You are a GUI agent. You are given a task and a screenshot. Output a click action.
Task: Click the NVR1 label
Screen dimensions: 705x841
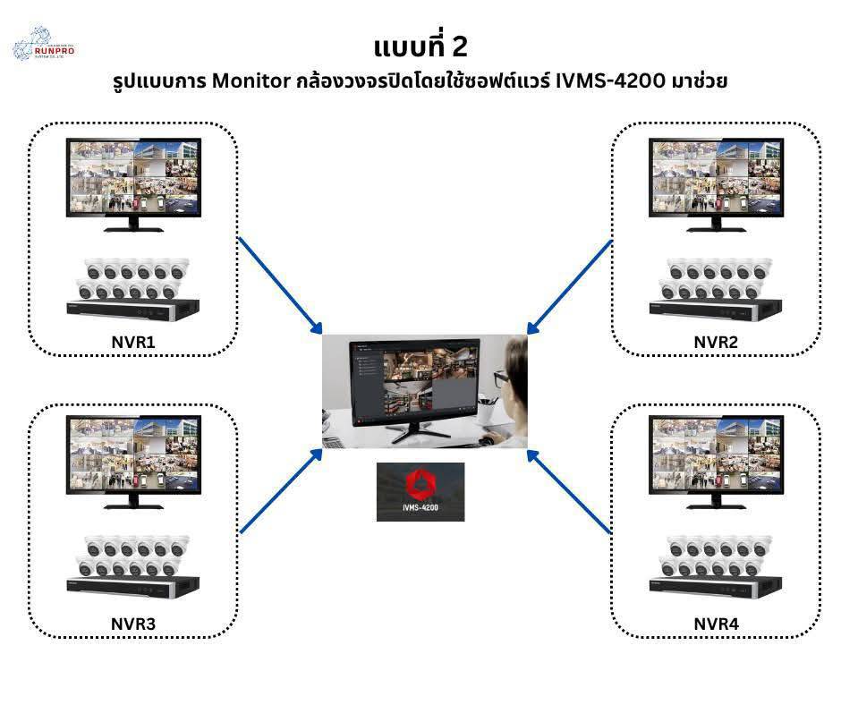pos(134,341)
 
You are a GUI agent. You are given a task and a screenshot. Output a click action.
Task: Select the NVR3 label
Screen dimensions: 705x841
pos(134,622)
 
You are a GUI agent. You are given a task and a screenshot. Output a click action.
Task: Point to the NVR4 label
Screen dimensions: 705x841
pos(717,622)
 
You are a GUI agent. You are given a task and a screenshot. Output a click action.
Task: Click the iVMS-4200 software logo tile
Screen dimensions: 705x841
pos(420,491)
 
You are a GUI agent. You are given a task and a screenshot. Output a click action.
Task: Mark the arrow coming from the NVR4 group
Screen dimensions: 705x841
pos(569,494)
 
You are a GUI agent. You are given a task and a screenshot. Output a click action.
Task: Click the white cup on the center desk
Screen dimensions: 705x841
pos(486,412)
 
